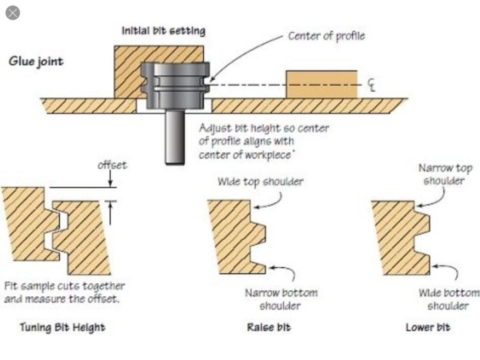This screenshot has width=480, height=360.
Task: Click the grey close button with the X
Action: pyautogui.click(x=12, y=13)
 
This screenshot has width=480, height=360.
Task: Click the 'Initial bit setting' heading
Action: pyautogui.click(x=163, y=31)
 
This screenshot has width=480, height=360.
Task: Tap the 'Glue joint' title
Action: pyautogui.click(x=36, y=61)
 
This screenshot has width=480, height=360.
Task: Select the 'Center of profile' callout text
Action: pyautogui.click(x=326, y=36)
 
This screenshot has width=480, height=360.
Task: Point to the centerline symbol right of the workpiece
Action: pyautogui.click(x=372, y=85)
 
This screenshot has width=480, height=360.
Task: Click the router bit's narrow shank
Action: pyautogui.click(x=175, y=137)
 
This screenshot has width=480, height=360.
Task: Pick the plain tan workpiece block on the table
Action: pyautogui.click(x=322, y=84)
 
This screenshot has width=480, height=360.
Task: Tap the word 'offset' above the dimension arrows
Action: pyautogui.click(x=112, y=165)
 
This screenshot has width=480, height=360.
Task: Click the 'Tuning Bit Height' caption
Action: pyautogui.click(x=62, y=327)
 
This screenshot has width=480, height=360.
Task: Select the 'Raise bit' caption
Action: pyautogui.click(x=269, y=327)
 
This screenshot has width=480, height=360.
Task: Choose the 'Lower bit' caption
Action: pyautogui.click(x=428, y=327)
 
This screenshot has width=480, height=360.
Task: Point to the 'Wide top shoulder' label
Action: pyautogui.click(x=260, y=182)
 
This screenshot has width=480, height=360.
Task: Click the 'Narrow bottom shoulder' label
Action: pyautogui.click(x=281, y=299)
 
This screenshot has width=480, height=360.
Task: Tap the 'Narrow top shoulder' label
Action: pyautogui.click(x=445, y=174)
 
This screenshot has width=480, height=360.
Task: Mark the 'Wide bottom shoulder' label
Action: pyautogui.click(x=448, y=299)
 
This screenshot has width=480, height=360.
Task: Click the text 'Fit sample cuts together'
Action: pyautogui.click(x=64, y=286)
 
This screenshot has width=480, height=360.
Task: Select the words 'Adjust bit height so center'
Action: pyautogui.click(x=264, y=128)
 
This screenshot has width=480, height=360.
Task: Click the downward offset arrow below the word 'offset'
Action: pyautogui.click(x=110, y=178)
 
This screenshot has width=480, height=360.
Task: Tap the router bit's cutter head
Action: pyautogui.click(x=175, y=86)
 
